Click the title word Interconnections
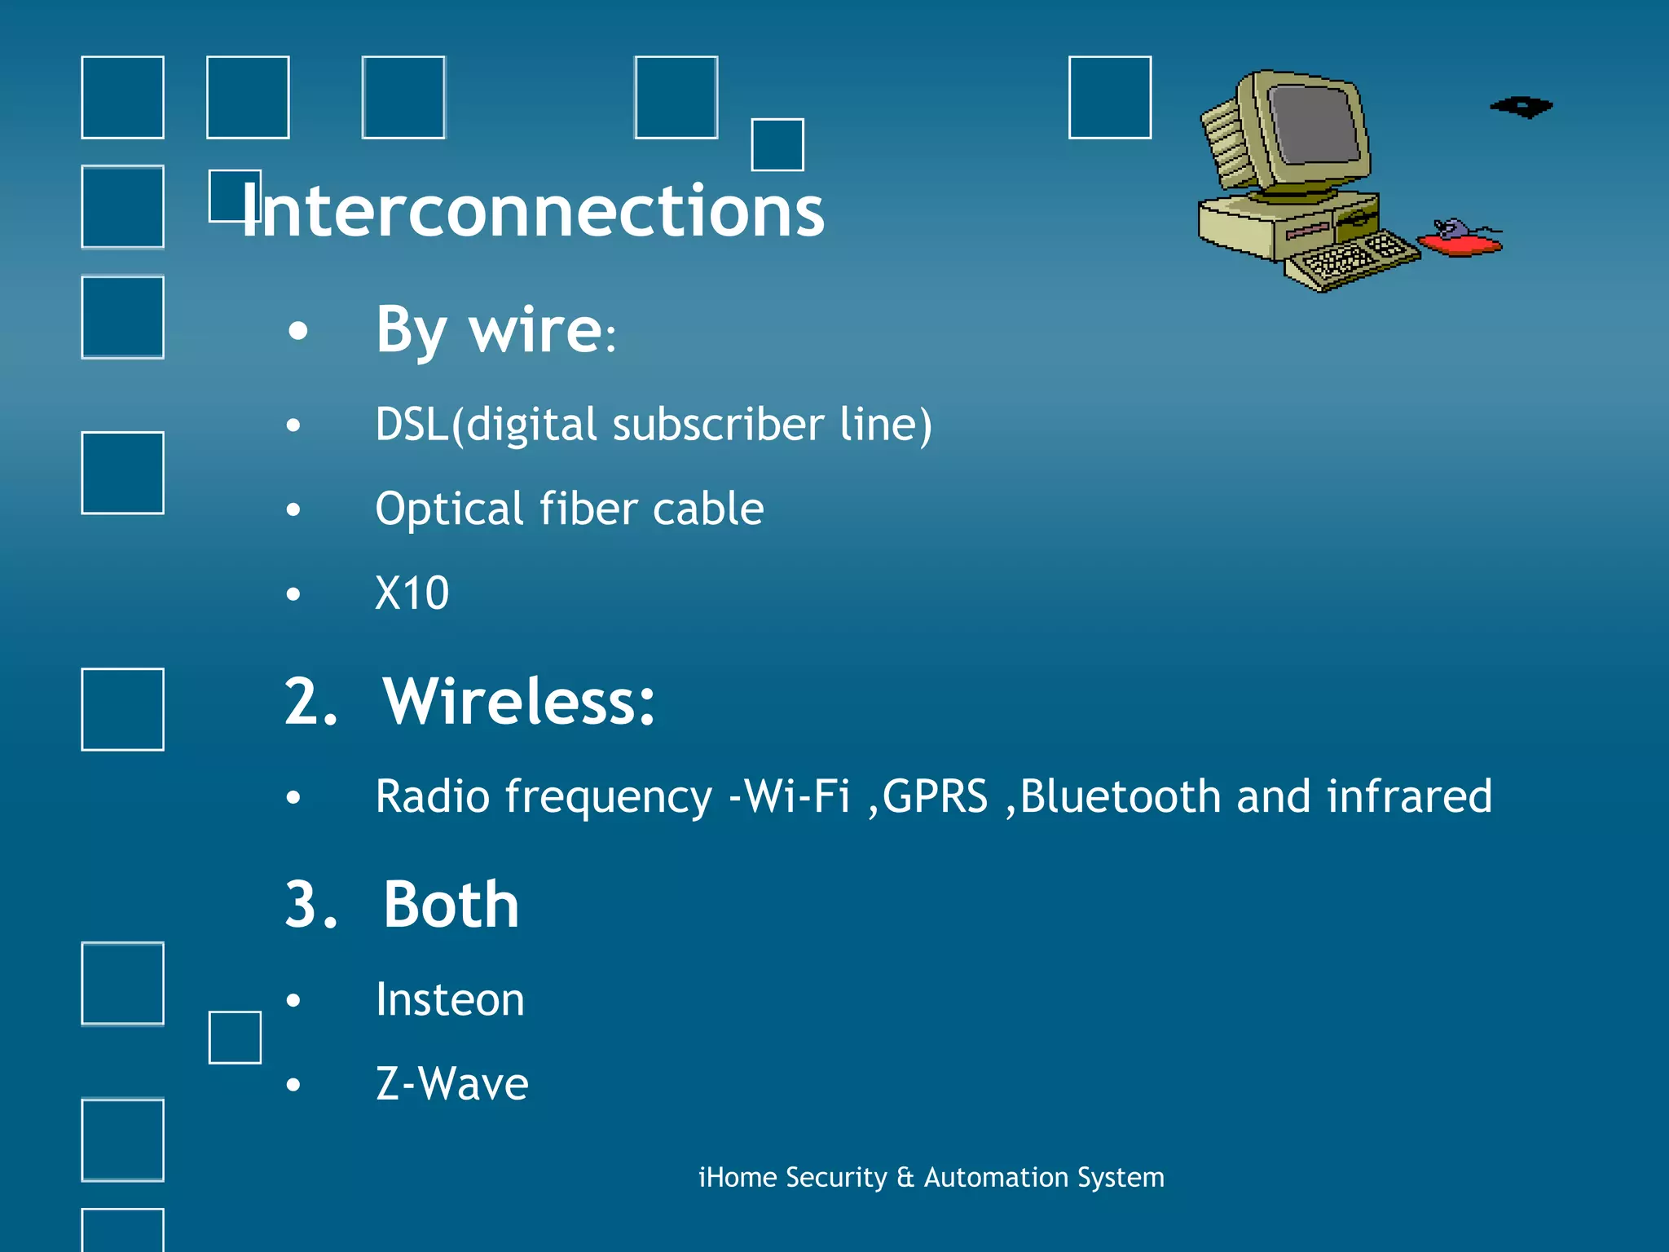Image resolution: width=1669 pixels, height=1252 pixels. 534,211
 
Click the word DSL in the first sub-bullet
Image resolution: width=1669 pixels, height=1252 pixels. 412,425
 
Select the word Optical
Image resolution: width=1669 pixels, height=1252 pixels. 449,509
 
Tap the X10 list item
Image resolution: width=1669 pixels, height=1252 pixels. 412,593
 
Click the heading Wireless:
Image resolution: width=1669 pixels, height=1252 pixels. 519,702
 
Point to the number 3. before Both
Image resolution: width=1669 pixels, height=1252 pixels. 310,905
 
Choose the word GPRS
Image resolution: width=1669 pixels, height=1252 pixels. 935,796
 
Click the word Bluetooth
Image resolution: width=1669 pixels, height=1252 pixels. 1120,796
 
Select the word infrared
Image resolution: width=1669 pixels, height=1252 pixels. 1409,796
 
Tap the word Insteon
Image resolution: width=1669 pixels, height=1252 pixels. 450,1000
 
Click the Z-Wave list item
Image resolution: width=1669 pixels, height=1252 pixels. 451,1084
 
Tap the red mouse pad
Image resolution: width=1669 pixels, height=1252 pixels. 1459,244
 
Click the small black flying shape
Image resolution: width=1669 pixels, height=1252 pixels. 1521,107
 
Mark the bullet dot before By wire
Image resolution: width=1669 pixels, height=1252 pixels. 298,331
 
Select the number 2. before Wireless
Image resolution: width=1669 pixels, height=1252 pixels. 310,702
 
